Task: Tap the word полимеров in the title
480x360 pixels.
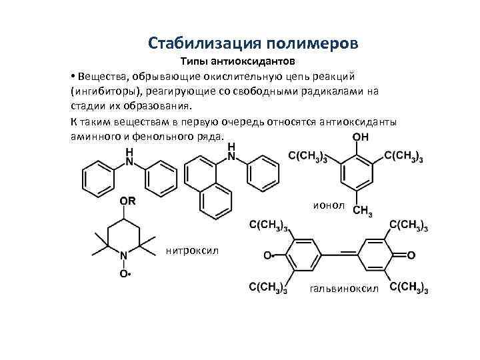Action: point(313,43)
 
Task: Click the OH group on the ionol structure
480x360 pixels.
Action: point(358,139)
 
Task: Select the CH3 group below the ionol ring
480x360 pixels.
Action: point(362,211)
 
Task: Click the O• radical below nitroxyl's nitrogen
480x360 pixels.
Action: point(125,273)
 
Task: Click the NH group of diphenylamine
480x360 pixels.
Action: point(129,157)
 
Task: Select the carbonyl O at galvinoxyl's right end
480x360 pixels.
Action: point(411,255)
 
